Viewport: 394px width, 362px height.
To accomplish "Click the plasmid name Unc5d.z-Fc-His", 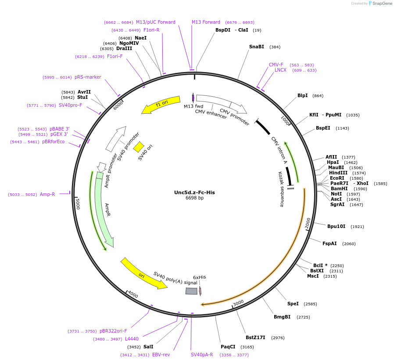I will tap(194, 192).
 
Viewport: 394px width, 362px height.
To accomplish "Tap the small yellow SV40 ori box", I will tap(139, 146).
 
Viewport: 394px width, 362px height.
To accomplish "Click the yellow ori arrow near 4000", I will tap(143, 274).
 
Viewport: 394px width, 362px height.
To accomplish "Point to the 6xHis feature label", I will tap(199, 277).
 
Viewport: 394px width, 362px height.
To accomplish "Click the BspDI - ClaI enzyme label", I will tap(231, 30).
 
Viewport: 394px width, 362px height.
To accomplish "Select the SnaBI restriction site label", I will tap(257, 47).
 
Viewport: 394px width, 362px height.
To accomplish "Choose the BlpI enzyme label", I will tap(302, 95).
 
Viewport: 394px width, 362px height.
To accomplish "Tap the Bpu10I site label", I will tap(336, 226).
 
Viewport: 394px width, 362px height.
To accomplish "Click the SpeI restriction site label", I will tap(293, 304).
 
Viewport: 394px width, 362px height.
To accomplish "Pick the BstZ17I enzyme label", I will tap(255, 337).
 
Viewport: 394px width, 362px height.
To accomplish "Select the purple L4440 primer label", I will tap(132, 339).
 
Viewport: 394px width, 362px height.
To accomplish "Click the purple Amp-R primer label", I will tap(47, 194).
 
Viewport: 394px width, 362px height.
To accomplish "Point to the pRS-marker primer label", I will tap(88, 77).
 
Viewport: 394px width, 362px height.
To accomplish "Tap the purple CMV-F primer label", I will tap(276, 65).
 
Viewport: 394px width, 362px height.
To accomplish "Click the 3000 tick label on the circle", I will tap(238, 303).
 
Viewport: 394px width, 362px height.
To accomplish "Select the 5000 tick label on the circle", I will tap(78, 204).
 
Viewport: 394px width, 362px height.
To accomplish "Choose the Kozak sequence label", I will tap(281, 189).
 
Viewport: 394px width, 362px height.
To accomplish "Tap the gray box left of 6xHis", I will tap(191, 291).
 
